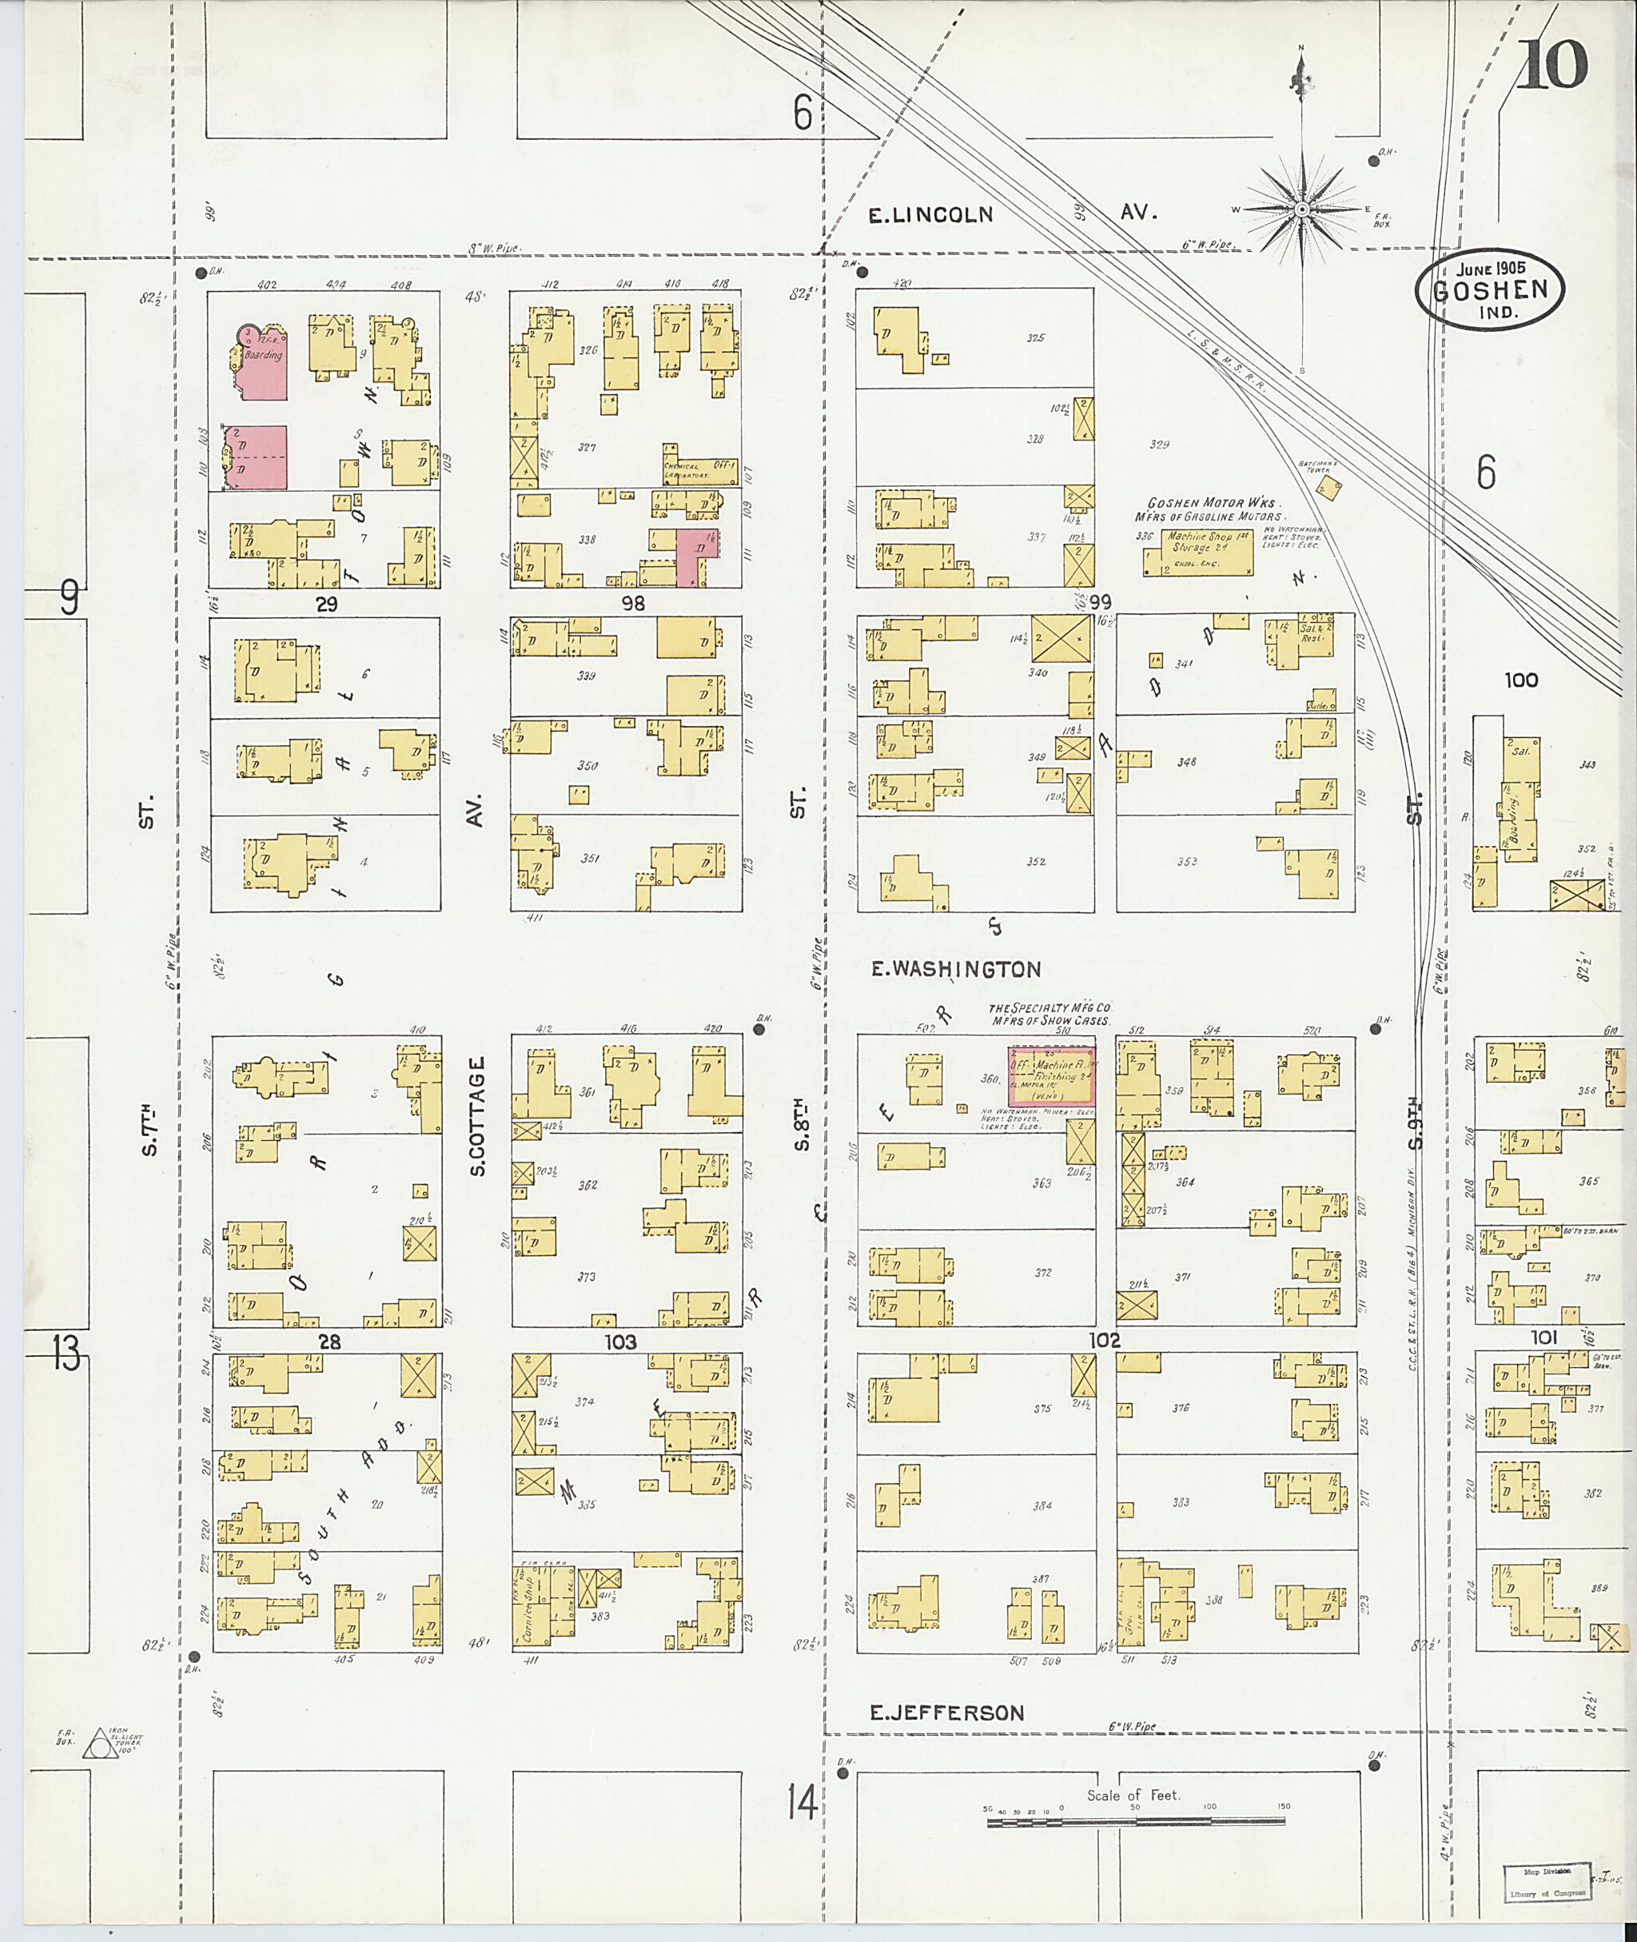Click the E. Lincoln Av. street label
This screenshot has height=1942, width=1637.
point(1011,214)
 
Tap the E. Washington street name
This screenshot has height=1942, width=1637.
point(956,969)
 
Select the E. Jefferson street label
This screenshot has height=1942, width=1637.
point(946,1713)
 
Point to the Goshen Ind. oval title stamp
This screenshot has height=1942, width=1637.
point(1488,289)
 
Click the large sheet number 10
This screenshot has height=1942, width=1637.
point(1552,67)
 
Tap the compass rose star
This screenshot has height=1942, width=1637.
point(1302,209)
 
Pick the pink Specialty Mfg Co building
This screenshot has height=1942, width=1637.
point(1051,1075)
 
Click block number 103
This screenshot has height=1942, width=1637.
point(620,1342)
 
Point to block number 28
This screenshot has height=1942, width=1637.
point(329,1342)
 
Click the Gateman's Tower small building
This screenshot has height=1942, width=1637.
point(1328,488)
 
